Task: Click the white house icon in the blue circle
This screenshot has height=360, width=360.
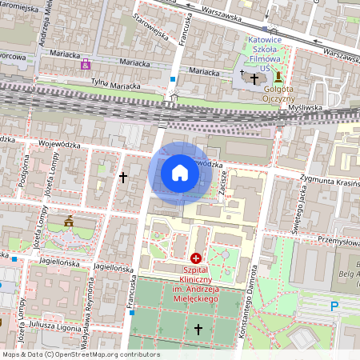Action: (x=179, y=173)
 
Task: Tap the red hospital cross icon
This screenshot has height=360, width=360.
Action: (x=196, y=258)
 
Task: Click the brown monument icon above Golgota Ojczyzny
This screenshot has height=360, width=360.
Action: (x=278, y=77)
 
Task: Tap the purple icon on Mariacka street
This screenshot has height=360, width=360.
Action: (x=86, y=64)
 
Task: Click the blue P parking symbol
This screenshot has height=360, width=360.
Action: (x=334, y=306)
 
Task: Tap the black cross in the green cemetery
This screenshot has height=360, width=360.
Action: (x=198, y=329)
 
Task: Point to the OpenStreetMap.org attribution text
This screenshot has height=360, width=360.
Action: (x=80, y=354)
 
